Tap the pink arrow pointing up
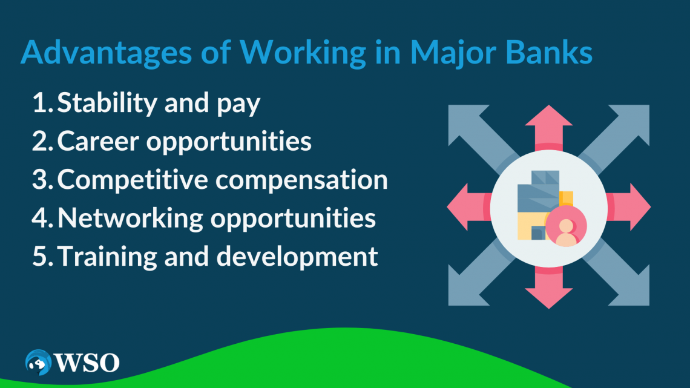[548, 123]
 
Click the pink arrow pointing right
[632, 206]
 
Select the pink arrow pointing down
[548, 289]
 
